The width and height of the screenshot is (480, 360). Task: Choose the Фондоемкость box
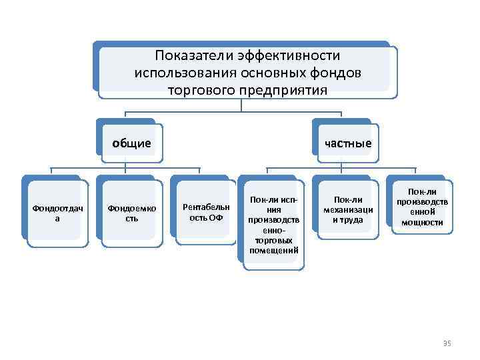click(131, 213)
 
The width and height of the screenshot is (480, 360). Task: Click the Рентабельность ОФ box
click(206, 213)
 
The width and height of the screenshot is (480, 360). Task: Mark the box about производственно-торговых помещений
click(274, 226)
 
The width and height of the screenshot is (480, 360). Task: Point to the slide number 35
click(447, 343)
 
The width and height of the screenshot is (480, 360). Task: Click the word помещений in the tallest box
click(274, 251)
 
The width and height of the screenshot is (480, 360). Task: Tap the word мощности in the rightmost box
click(423, 222)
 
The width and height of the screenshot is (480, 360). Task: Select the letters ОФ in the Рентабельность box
click(215, 218)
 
